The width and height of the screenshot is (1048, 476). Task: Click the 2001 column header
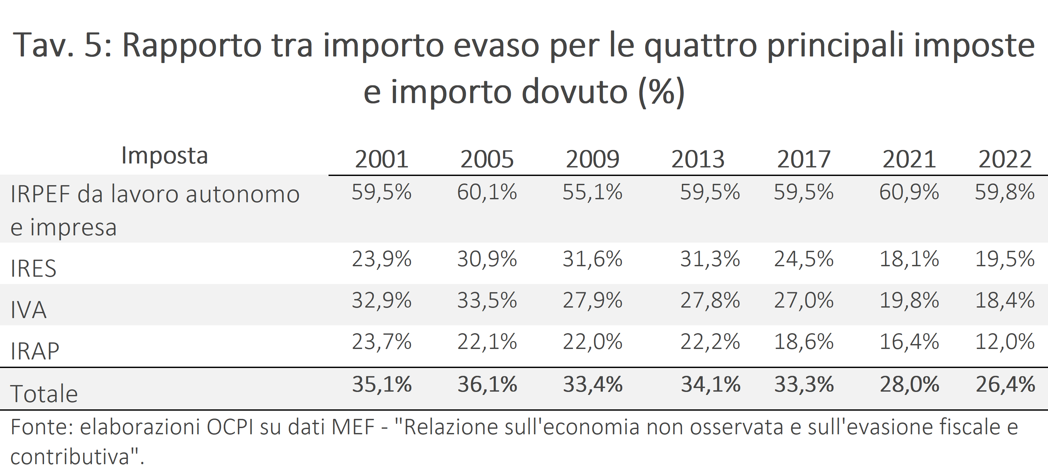[x=382, y=159]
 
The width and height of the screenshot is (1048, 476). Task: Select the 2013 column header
[x=698, y=159]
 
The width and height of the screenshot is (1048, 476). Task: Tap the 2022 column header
[x=1005, y=159]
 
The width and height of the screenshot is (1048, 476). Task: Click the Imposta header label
[x=165, y=155]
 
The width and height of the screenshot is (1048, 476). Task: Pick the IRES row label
[x=34, y=268]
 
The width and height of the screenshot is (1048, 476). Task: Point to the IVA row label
[x=29, y=310]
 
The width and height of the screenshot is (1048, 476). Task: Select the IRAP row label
[x=35, y=351]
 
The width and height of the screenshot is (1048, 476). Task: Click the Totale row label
[x=44, y=394]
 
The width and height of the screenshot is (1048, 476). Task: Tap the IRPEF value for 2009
[x=592, y=192]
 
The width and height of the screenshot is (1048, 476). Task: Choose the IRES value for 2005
[x=487, y=259]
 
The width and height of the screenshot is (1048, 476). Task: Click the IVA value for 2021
[x=909, y=300]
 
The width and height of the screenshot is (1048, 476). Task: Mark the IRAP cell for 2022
[x=1005, y=341]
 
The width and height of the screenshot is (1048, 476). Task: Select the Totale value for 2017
[x=804, y=384]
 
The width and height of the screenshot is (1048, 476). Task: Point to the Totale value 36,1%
[x=487, y=384]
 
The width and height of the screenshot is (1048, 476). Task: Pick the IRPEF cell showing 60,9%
[x=909, y=192]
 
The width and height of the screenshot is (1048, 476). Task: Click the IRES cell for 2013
[x=710, y=259]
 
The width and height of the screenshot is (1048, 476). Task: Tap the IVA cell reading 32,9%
[x=382, y=300]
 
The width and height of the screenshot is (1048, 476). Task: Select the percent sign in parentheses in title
[x=662, y=93]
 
